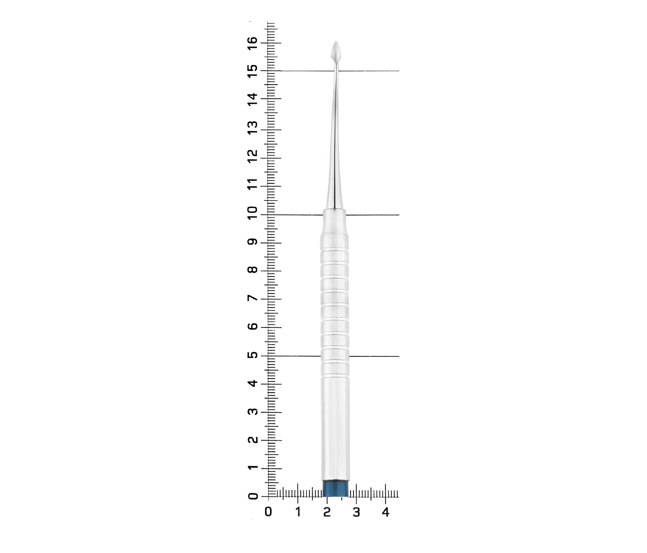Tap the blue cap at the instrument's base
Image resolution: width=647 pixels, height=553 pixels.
(x=336, y=489)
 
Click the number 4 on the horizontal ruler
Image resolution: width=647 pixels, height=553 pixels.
(x=385, y=513)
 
